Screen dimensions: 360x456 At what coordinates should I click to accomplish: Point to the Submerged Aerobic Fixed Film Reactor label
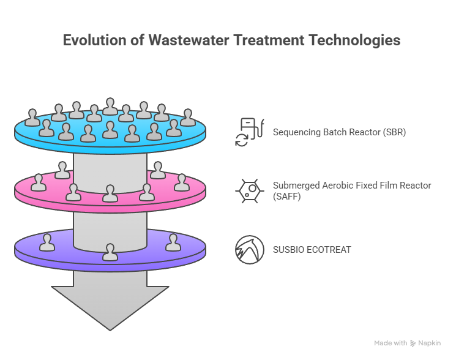352,186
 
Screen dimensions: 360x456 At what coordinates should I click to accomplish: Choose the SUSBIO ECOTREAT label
312,250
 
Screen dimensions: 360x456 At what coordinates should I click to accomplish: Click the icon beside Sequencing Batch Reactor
249,132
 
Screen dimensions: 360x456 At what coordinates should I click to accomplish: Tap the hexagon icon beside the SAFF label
250,190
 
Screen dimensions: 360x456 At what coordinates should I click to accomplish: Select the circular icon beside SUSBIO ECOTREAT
250,250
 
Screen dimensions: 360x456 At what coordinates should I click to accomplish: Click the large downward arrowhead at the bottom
110,306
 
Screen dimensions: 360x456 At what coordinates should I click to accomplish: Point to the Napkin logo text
429,343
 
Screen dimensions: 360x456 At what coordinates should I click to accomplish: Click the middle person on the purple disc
110,252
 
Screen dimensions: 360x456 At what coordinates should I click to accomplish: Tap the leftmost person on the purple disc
47,242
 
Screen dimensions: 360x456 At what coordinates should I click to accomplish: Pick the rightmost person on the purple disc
173,242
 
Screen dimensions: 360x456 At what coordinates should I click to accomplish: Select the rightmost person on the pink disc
182,182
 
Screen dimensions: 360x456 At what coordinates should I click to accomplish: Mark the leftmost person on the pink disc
39,182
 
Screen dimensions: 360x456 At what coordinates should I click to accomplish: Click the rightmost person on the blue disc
188,118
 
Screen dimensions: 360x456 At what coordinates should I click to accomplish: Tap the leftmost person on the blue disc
32,118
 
